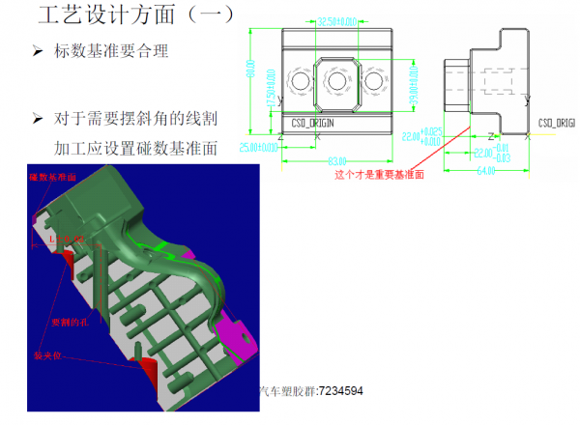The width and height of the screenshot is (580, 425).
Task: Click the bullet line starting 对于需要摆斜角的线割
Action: (135, 119)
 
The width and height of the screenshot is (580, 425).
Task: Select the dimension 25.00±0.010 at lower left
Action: (259, 147)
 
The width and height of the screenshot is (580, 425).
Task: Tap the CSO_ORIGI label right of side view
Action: (557, 124)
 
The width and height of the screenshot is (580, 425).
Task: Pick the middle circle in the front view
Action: (336, 83)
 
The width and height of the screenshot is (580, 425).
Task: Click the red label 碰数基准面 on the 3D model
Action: (53, 178)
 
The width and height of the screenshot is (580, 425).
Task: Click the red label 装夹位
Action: (48, 355)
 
